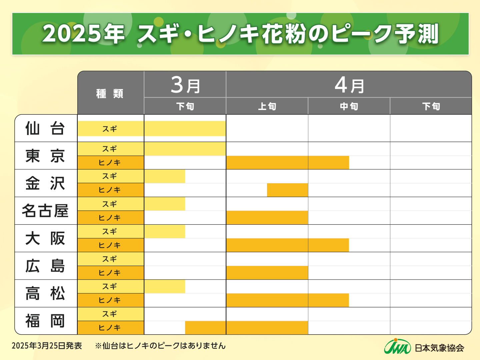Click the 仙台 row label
coord(45,128)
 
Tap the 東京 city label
coord(45,156)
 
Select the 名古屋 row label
coord(45,211)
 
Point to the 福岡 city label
coord(45,321)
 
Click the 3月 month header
coord(185,85)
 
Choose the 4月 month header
coord(349,85)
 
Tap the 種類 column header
coord(110,93)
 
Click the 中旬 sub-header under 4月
coord(349,106)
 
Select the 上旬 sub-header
coord(267,106)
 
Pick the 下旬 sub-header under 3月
coord(185,106)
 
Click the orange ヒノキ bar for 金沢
coord(287,190)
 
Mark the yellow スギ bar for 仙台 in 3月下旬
coord(185,129)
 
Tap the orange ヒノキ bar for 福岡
coord(246,328)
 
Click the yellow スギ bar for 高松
coord(165,287)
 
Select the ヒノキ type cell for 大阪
coord(110,245)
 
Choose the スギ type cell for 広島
coord(110,259)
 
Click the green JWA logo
coord(397,347)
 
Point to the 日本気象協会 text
coord(439,348)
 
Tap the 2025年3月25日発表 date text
coord(47,346)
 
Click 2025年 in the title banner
coord(83,34)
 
